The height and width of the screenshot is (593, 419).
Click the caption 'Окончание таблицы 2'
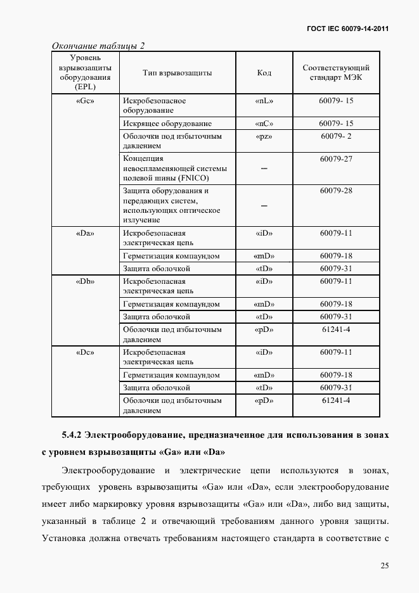(x=98, y=46)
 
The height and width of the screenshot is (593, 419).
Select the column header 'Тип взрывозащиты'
(x=177, y=73)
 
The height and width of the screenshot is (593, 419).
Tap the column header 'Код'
(x=264, y=73)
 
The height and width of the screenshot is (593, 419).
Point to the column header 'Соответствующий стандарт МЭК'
(x=336, y=73)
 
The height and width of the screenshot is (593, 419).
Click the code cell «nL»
(x=264, y=101)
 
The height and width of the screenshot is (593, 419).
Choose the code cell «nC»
(x=264, y=124)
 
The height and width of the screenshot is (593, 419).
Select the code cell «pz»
(x=264, y=136)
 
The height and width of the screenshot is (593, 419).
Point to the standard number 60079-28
(x=336, y=190)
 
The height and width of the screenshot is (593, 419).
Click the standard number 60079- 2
(x=336, y=136)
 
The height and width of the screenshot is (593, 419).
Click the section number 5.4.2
(x=72, y=435)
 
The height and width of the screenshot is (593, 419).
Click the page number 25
(x=385, y=566)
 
